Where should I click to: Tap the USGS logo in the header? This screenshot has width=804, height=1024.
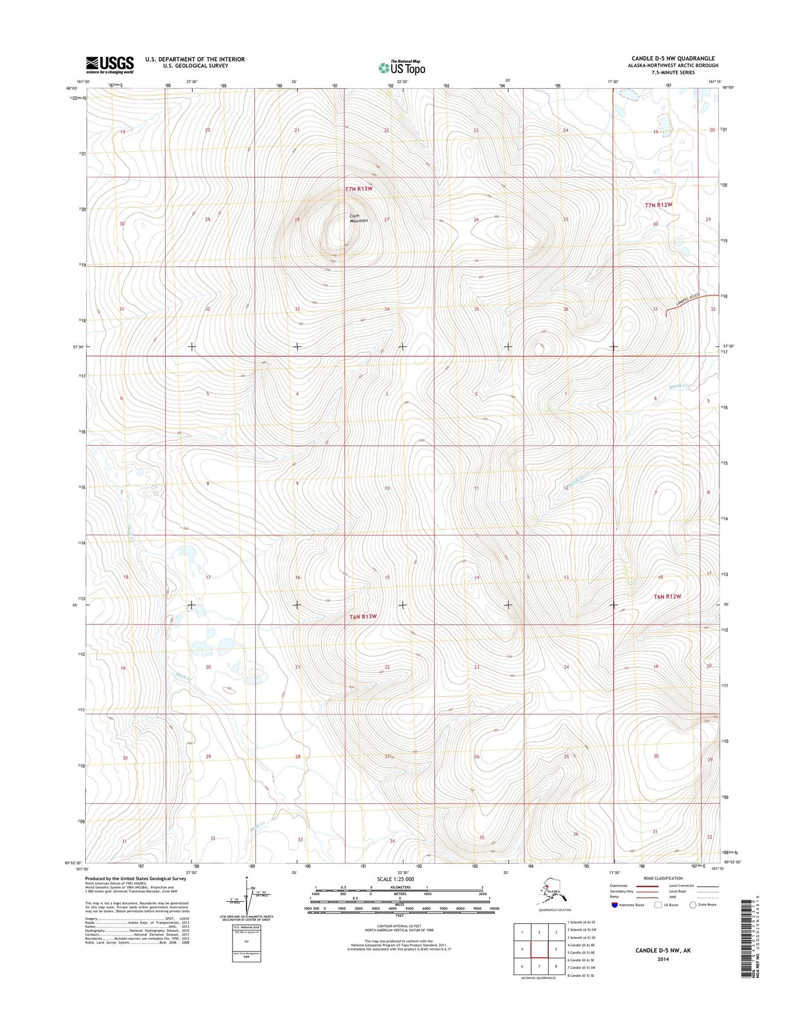(110, 64)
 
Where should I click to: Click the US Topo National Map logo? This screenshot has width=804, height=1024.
(402, 67)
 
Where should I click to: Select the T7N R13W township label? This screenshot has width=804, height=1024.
(358, 189)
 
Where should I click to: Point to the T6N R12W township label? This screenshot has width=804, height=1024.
(667, 596)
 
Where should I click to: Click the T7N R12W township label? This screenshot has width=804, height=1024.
(658, 205)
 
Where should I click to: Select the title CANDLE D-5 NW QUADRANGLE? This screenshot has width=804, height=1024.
(673, 58)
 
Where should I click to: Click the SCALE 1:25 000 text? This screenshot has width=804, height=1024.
(395, 879)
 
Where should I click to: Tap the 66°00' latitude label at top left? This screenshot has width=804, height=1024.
(72, 88)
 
